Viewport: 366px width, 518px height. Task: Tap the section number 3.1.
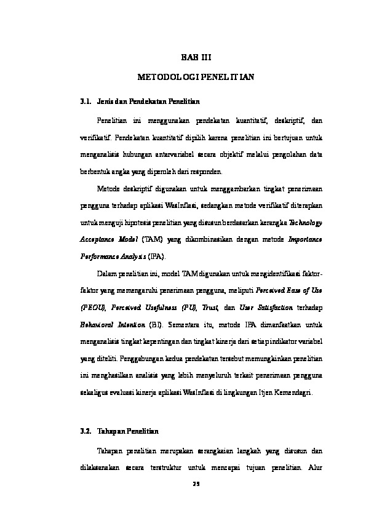click(x=85, y=100)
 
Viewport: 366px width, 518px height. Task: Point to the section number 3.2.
click(x=85, y=432)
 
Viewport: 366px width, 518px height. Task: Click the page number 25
click(x=196, y=484)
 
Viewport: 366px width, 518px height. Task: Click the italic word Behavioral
click(x=97, y=324)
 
